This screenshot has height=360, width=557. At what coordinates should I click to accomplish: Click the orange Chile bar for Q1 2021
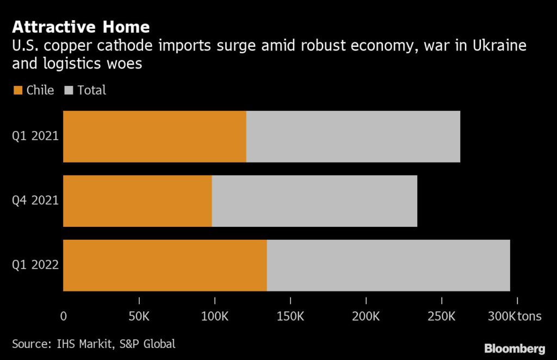click(x=154, y=136)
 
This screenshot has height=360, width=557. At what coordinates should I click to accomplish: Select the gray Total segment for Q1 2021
click(x=353, y=136)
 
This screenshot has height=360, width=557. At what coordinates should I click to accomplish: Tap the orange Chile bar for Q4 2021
click(x=138, y=201)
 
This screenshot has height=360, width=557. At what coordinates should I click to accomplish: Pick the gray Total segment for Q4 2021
click(x=314, y=201)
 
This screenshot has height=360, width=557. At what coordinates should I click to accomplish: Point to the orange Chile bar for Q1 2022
click(x=165, y=265)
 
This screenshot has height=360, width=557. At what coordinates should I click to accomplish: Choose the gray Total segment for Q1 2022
click(x=388, y=265)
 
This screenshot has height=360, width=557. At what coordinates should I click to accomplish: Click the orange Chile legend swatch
click(x=17, y=90)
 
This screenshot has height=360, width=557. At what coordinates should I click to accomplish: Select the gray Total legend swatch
click(x=69, y=90)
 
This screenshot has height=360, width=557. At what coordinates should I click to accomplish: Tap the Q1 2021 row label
click(x=35, y=136)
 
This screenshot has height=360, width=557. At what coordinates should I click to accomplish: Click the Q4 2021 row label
click(x=35, y=201)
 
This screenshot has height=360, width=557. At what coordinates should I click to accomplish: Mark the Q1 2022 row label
click(x=35, y=265)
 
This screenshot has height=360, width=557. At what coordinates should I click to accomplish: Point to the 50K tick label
click(x=139, y=316)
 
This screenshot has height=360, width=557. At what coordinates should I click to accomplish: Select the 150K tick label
click(x=290, y=316)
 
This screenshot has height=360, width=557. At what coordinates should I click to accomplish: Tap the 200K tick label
click(x=366, y=316)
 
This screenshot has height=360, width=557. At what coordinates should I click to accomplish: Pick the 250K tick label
click(x=442, y=316)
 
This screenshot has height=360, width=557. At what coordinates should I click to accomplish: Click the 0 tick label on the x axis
click(x=64, y=316)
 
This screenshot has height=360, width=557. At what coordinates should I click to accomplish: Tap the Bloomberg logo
click(x=515, y=348)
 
